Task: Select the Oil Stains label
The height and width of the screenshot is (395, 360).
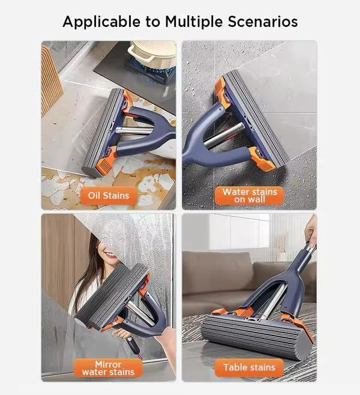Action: click(109, 195)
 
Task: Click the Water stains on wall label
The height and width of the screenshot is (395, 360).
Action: click(249, 195)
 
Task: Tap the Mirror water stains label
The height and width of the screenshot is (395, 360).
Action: click(109, 367)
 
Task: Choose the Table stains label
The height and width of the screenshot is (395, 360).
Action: click(249, 367)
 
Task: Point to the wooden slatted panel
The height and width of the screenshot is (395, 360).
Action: click(51, 78)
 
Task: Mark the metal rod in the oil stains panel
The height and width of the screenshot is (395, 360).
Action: click(135, 130)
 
